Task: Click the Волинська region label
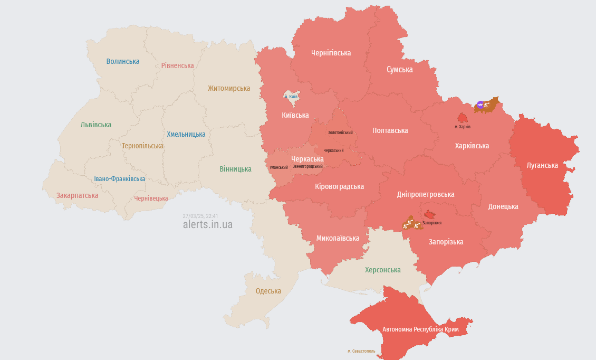coord(123,61)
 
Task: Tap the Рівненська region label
coord(178,65)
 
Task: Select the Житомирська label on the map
coord(229,88)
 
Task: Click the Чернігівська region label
coord(331,53)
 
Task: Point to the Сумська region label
coord(399,70)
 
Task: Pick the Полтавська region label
coord(390,130)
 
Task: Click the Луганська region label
coord(542,165)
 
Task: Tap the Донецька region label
coord(503,206)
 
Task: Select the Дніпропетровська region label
coord(425,194)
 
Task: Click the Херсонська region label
coord(383,270)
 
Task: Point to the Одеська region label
coord(268,291)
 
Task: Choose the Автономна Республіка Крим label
coord(420,329)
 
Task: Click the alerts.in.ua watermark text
coord(207,224)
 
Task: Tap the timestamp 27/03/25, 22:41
coord(200,216)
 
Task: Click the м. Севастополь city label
coord(361,351)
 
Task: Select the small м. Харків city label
coord(463,127)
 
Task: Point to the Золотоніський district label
coord(340,132)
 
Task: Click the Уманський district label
coord(278,167)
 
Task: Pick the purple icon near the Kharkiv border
coord(479,105)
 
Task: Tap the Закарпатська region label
coord(78,195)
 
